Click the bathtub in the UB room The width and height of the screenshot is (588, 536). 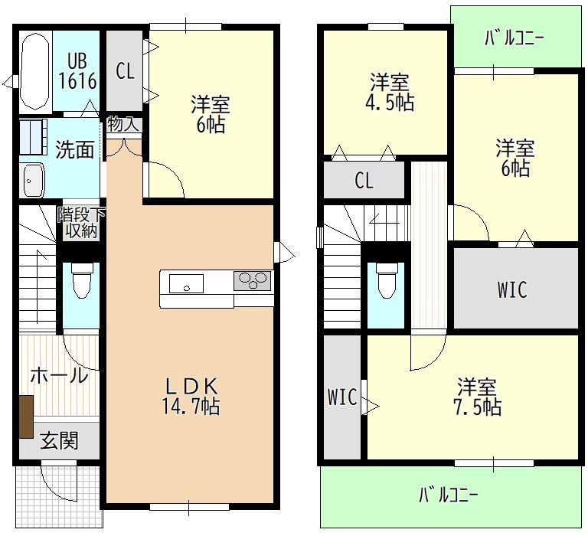point(35,71)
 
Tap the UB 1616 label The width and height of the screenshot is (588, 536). point(77,71)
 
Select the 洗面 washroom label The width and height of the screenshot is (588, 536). point(74,149)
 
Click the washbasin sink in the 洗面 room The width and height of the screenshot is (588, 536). point(34,180)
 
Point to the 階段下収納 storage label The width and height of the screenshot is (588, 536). point(81,222)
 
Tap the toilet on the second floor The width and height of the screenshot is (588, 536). point(387,280)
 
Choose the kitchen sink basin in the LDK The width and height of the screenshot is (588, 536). point(186,283)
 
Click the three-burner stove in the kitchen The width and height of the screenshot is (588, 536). point(253,280)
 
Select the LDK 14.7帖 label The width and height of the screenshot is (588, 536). point(191,396)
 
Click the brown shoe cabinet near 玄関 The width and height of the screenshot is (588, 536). point(26,417)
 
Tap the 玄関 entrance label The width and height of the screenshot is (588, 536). point(59,440)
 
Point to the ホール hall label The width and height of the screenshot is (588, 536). point(59,375)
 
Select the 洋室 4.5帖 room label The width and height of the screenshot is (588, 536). point(390,93)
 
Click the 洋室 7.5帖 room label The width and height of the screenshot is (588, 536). point(478,397)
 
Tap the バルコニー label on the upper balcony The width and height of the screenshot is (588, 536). point(514,38)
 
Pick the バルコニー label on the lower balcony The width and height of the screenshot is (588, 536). point(448,495)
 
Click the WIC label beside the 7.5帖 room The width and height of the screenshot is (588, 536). point(342,397)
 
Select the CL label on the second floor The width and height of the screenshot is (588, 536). point(364,181)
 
